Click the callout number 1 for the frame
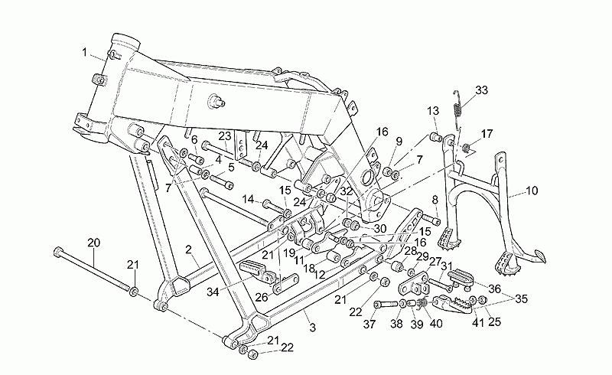(84, 52)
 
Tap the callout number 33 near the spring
(481, 90)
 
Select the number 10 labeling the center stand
(532, 191)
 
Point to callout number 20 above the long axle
(93, 243)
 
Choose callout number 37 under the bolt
(369, 324)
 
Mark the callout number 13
(433, 111)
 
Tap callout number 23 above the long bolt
(225, 136)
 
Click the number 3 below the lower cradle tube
(312, 328)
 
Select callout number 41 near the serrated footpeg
(477, 323)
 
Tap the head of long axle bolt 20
(58, 251)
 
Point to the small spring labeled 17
(466, 148)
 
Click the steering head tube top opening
(125, 41)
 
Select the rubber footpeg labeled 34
(253, 269)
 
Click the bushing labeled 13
(435, 138)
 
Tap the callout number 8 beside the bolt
(435, 201)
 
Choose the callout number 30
(379, 229)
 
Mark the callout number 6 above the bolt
(194, 139)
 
